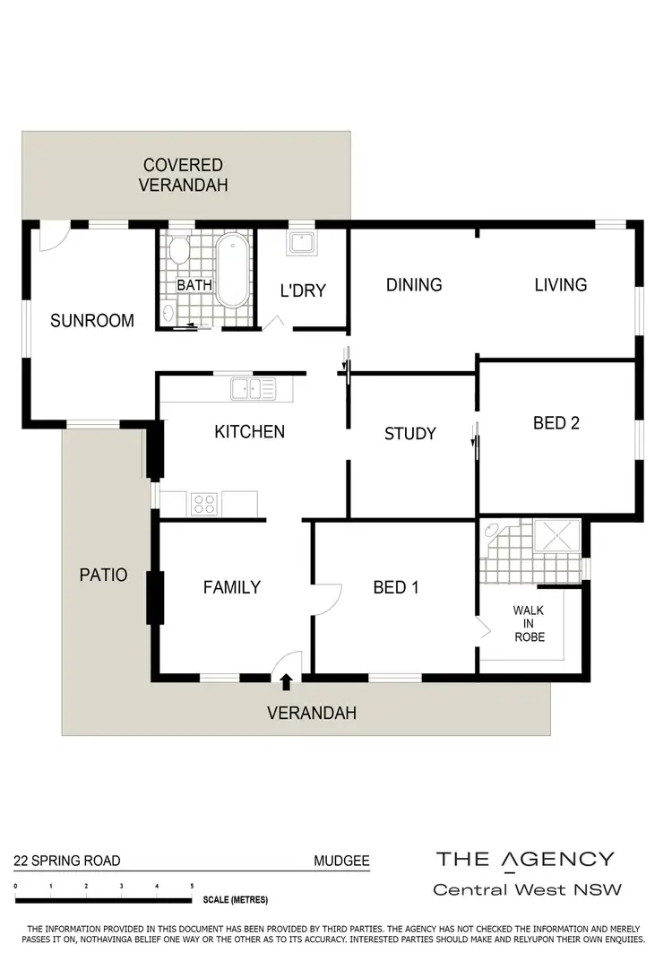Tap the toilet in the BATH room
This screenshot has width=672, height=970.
(179, 249)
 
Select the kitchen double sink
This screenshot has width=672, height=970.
(253, 388)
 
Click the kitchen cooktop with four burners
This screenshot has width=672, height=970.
(204, 504)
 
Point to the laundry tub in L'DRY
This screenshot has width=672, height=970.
(298, 243)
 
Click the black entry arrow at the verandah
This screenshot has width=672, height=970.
(286, 682)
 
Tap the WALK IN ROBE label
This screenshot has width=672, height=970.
(528, 623)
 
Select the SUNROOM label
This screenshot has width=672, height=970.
(92, 320)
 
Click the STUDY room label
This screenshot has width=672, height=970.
(409, 434)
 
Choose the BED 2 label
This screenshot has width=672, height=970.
(556, 423)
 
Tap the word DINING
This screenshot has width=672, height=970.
(414, 285)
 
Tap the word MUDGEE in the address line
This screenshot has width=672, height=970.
(340, 862)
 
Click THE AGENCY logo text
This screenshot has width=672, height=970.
(525, 860)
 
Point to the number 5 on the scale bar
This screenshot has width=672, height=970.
(192, 887)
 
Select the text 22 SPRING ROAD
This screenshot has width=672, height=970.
(66, 862)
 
